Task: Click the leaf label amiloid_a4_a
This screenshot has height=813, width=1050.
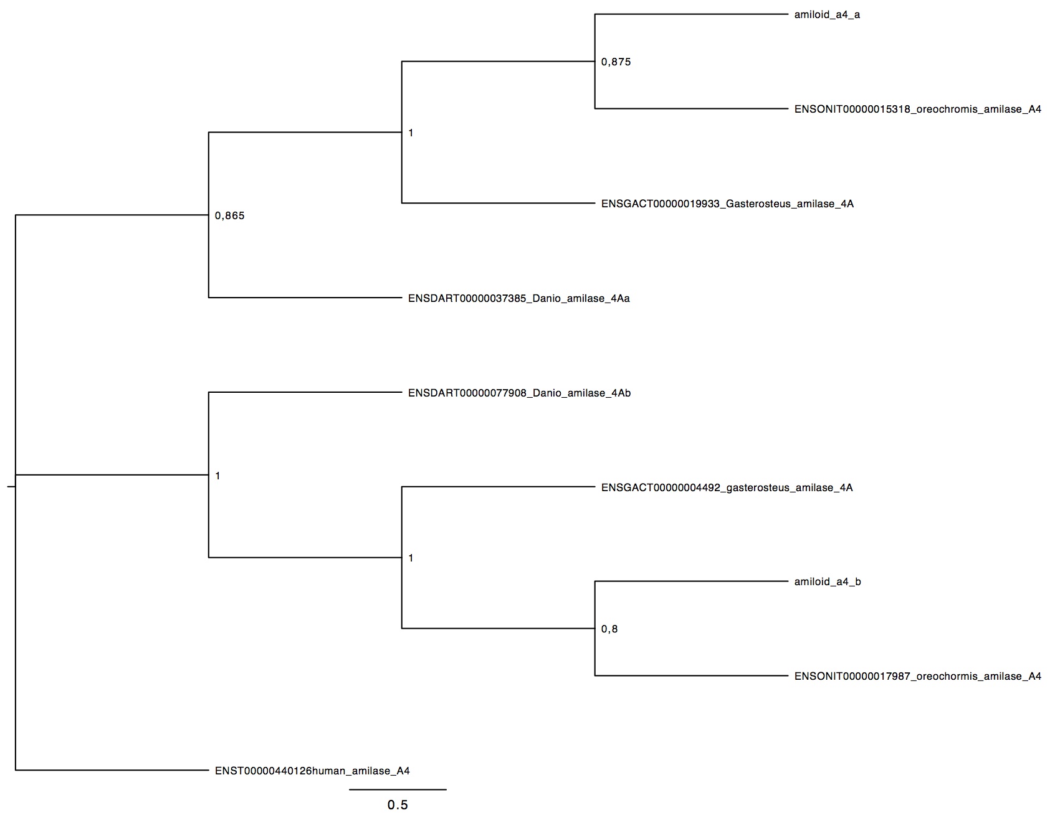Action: pyautogui.click(x=827, y=15)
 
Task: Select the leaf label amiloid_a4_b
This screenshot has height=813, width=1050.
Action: pyautogui.click(x=828, y=582)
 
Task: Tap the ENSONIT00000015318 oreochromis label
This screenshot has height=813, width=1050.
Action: pyautogui.click(x=918, y=110)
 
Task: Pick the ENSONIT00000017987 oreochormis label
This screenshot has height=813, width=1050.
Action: pyautogui.click(x=918, y=676)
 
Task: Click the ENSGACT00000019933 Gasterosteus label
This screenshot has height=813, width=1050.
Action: pyautogui.click(x=727, y=204)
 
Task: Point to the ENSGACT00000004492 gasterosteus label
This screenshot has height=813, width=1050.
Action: pyautogui.click(x=727, y=487)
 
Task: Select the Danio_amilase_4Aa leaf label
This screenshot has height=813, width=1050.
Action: pyautogui.click(x=519, y=298)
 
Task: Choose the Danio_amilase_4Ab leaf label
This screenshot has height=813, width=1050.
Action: pyautogui.click(x=520, y=393)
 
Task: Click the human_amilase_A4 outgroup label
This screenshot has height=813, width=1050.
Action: pyautogui.click(x=312, y=771)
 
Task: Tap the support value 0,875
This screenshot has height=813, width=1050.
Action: pyautogui.click(x=616, y=62)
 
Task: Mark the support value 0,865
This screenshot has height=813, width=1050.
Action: pyautogui.click(x=229, y=216)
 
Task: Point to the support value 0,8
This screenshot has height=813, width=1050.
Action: pyautogui.click(x=609, y=629)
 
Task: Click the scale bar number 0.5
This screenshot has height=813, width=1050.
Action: pyautogui.click(x=398, y=805)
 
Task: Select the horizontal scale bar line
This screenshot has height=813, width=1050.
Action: pyautogui.click(x=398, y=789)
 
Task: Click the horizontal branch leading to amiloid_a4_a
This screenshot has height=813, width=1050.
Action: pyautogui.click(x=692, y=14)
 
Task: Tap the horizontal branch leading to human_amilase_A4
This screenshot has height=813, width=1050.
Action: pyautogui.click(x=112, y=771)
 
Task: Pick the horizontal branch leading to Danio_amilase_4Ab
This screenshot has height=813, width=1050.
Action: pyautogui.click(x=305, y=392)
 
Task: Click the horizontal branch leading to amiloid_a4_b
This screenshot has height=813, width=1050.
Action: pyautogui.click(x=692, y=581)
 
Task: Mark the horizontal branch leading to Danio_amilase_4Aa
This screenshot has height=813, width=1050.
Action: pyautogui.click(x=305, y=298)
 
